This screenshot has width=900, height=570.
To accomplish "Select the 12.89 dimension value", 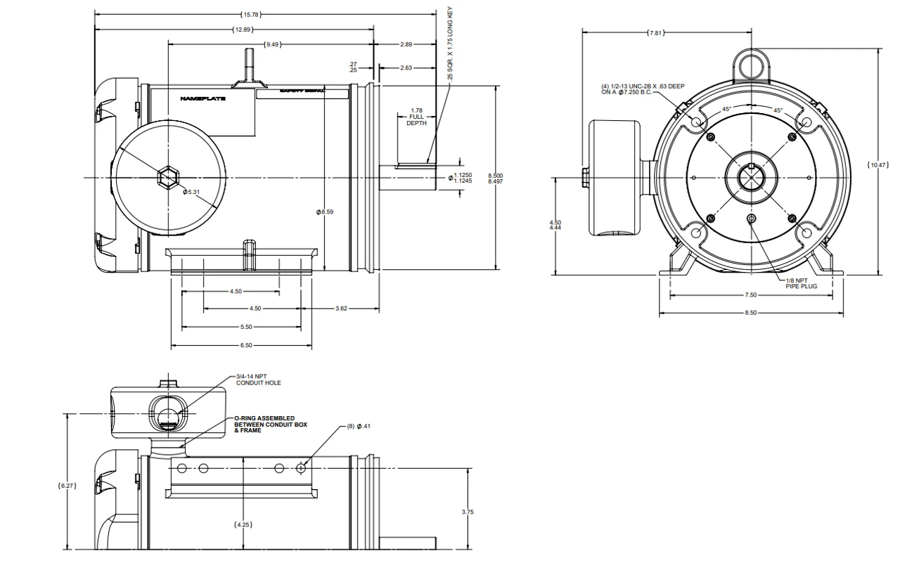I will point(244,29).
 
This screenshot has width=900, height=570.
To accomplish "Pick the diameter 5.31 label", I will point(192,192).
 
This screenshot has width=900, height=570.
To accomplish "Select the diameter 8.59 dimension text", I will point(324,212).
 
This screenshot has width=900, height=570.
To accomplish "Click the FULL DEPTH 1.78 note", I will point(416,117).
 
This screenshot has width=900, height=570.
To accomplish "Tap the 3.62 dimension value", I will point(342,309).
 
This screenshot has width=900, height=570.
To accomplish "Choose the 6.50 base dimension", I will point(245,346).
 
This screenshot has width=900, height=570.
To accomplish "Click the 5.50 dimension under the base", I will point(245,327).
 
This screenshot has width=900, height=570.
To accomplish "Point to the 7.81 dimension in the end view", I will point(655,32).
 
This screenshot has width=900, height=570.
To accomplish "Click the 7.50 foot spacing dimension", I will point(750,295).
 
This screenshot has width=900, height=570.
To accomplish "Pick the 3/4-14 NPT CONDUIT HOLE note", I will point(258,380).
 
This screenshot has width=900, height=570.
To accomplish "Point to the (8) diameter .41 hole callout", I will point(359,427).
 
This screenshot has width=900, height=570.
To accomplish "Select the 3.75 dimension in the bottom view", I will point(468,512).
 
